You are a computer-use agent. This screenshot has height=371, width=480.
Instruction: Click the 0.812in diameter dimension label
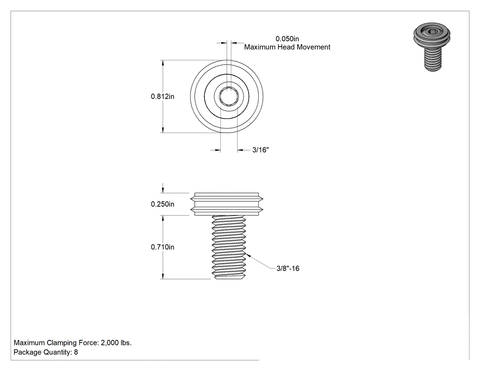point(163,97)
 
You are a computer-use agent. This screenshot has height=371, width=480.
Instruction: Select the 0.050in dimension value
point(287,39)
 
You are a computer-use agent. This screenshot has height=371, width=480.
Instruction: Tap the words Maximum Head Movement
point(287,47)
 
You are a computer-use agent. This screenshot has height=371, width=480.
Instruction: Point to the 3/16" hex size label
point(261,150)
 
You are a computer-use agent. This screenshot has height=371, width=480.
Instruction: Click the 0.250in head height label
point(163,204)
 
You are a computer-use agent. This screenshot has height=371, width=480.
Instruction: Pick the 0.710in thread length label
point(163,247)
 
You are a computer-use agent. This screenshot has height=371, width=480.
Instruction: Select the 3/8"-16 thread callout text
point(288,269)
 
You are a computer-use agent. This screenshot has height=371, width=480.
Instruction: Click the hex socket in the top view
point(229,97)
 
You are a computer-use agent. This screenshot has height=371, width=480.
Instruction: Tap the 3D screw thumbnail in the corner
point(432,47)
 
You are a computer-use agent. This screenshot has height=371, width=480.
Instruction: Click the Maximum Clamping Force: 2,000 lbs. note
point(73,343)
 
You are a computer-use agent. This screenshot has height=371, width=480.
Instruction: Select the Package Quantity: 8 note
point(46,352)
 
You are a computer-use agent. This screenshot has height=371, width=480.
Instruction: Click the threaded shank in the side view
point(229,247)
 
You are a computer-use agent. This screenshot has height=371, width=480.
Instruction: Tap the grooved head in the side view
point(227,204)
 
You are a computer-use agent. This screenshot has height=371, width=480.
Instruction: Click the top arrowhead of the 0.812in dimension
point(163,63)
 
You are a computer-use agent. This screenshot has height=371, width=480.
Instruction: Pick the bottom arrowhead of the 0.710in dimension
point(163,276)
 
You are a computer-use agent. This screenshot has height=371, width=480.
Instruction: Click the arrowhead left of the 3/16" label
point(218,150)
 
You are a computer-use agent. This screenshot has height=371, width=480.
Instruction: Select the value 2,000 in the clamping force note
point(110,343)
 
